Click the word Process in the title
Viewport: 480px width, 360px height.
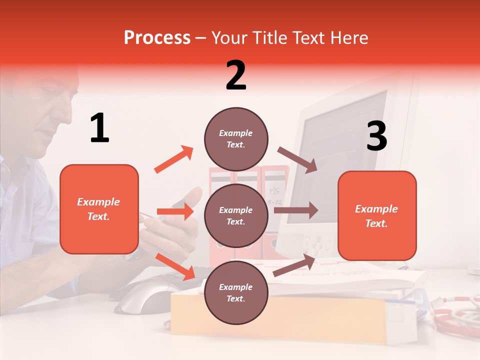click(157, 38)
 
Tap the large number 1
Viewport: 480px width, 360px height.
click(99, 128)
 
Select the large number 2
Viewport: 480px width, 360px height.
click(236, 75)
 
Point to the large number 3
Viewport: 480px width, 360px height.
click(376, 136)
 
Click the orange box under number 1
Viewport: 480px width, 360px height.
click(99, 209)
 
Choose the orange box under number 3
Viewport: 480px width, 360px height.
click(377, 215)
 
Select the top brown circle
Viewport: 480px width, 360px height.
click(236, 138)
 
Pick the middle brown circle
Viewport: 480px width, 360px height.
click(236, 215)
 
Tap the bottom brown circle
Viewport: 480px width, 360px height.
click(236, 292)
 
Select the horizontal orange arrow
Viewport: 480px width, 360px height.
click(175, 211)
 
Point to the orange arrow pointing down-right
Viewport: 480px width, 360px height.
click(175, 266)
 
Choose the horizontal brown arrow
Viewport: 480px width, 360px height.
click(296, 210)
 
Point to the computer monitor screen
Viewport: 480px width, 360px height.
click(350, 145)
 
